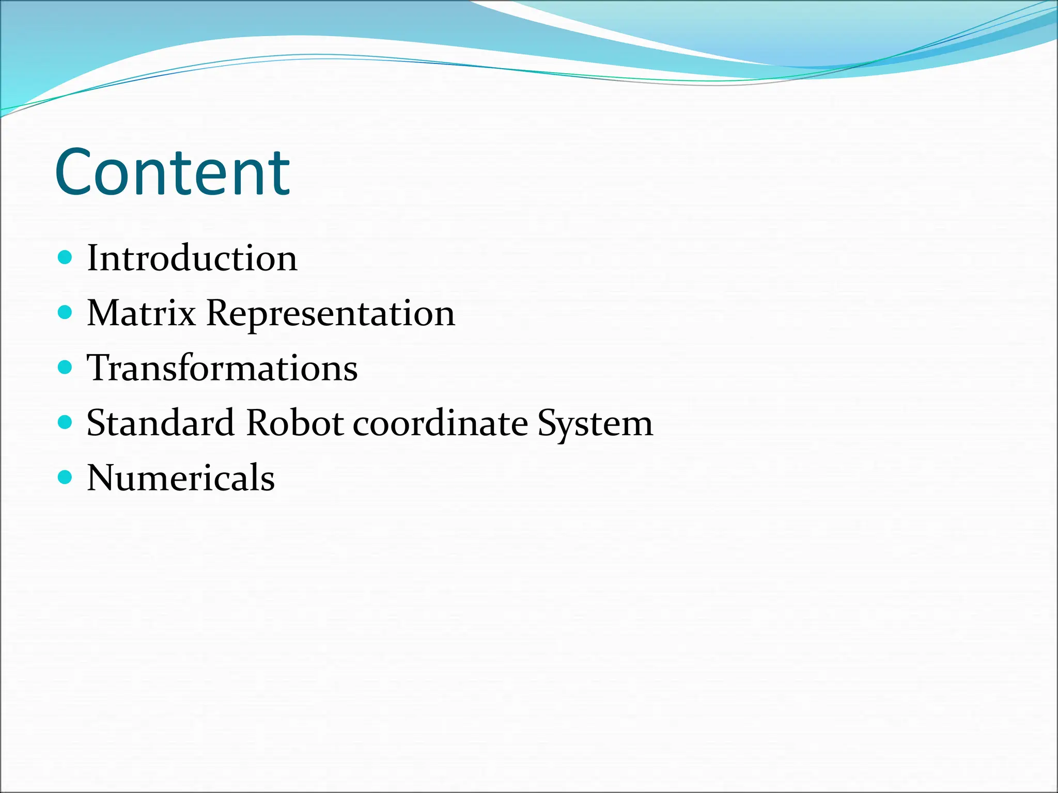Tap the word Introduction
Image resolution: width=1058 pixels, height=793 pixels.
[x=192, y=258]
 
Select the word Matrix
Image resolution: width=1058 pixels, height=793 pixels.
[x=141, y=313]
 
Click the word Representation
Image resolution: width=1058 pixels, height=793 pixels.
[x=331, y=314]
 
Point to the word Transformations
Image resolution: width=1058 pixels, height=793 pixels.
[x=222, y=368]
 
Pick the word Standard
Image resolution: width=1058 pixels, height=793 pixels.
[x=161, y=423]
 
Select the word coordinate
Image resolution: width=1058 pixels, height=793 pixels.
[x=440, y=423]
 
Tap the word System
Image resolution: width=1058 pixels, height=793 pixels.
[x=595, y=424]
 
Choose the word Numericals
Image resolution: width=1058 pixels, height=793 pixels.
[x=181, y=478]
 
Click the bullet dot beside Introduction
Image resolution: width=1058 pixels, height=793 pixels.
[x=65, y=257]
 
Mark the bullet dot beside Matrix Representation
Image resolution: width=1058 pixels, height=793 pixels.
[x=65, y=312]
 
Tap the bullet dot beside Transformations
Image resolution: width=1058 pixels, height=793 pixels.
[x=65, y=367]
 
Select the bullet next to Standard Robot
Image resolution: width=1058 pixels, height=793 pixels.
[x=65, y=422]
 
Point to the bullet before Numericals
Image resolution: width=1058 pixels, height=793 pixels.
[x=65, y=477]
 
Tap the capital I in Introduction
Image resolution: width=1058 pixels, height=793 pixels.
[x=93, y=258]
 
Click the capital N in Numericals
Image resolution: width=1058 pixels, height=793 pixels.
[x=103, y=478]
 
